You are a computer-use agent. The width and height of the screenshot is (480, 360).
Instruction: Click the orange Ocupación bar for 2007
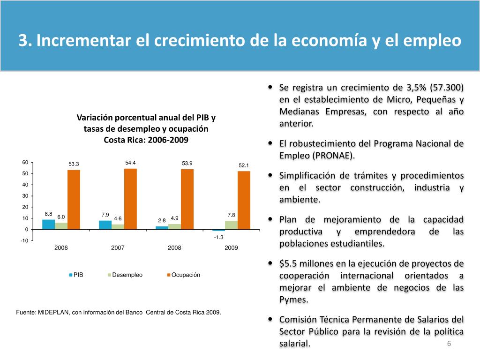click(x=130, y=199)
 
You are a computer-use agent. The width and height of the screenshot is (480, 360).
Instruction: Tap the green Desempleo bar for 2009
click(x=231, y=225)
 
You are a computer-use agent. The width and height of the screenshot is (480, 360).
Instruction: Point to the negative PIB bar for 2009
click(x=218, y=230)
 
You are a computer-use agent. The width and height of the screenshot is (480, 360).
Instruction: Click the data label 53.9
click(x=187, y=163)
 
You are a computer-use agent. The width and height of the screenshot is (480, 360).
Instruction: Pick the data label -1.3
click(x=218, y=237)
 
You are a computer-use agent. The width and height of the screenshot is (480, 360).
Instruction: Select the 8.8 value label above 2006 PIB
click(x=48, y=214)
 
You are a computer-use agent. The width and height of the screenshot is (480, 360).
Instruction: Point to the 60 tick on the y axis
click(x=25, y=162)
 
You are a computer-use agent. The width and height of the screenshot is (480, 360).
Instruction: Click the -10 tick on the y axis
click(x=24, y=240)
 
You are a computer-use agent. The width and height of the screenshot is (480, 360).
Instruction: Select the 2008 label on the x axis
click(x=174, y=247)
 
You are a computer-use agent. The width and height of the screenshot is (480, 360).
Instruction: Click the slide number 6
click(x=449, y=344)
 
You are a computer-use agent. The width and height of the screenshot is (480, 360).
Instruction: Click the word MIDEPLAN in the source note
click(x=54, y=312)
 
